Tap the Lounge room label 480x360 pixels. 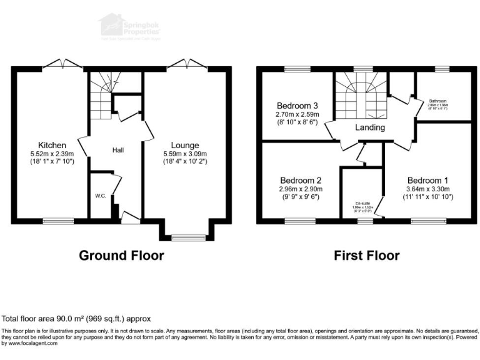pos(185,145)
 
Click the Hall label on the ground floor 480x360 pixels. pos(118,150)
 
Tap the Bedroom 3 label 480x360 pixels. pos(298,105)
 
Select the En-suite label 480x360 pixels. pos(362,204)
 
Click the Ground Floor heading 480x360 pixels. pos(121,255)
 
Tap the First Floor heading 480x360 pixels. pos(367,255)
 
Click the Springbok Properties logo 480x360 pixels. pos(129,27)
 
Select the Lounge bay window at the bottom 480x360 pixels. pos(184,237)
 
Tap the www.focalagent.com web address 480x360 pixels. pos(29,343)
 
